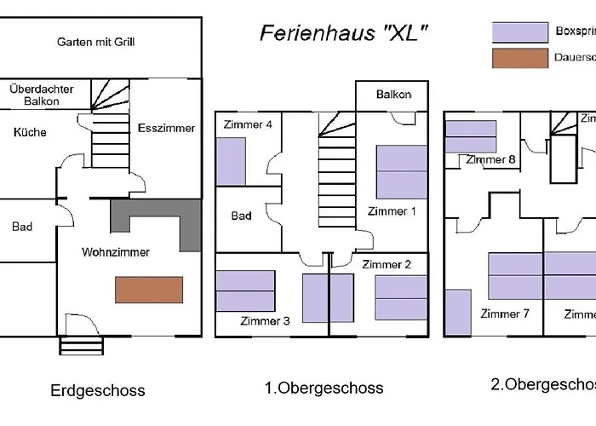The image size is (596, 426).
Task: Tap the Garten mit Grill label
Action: (x=96, y=42)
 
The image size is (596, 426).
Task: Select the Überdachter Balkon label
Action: (x=42, y=95)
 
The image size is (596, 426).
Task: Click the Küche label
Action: (x=30, y=133)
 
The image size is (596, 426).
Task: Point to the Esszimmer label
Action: (x=166, y=129)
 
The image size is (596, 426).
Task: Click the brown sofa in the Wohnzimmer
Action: (x=150, y=290)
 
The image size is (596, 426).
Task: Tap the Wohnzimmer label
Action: (x=116, y=252)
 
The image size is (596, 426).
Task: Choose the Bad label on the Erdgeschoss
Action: (x=22, y=227)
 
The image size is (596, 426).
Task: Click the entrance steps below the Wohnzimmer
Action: (x=81, y=345)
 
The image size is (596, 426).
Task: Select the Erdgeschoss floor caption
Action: (x=98, y=391)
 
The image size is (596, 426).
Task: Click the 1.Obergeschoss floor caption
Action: (x=324, y=388)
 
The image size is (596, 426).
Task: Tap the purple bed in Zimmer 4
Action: (x=230, y=162)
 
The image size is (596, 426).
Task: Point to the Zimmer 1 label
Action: (x=392, y=211)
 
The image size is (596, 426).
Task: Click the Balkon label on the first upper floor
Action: (x=393, y=95)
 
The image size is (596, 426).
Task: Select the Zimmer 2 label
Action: (x=387, y=265)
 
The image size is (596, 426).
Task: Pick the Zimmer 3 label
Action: (x=265, y=321)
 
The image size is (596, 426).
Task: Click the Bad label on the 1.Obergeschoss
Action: (x=242, y=216)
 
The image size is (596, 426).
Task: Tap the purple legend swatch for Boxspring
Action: (x=519, y=32)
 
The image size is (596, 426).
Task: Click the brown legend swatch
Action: (x=519, y=59)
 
